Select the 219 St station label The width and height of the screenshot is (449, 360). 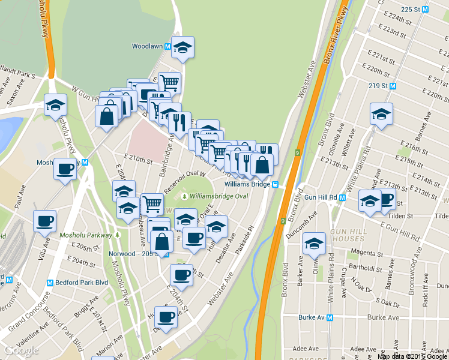[378, 86]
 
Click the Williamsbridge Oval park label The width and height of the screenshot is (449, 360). [218, 196]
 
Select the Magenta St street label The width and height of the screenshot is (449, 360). [366, 253]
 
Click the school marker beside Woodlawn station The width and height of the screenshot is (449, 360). [183, 47]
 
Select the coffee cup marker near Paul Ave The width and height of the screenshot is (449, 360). [44, 221]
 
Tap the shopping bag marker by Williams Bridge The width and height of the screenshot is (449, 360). [262, 164]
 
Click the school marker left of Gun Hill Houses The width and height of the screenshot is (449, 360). [314, 243]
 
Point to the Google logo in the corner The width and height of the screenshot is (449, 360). [21, 350]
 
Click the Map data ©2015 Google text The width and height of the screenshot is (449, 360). [413, 356]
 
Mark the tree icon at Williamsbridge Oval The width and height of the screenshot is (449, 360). [184, 196]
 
